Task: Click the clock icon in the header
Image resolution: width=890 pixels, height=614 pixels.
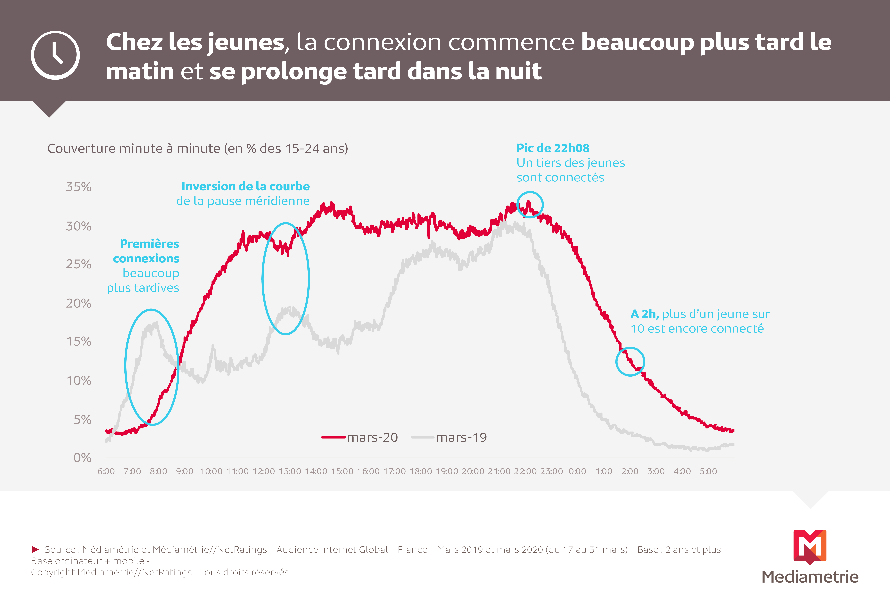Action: pos(55,55)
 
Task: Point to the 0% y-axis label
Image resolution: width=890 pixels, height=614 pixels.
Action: pos(82,458)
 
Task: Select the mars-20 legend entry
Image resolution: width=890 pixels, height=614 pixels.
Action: pos(360,437)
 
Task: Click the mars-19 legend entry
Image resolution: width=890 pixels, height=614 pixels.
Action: pos(449,437)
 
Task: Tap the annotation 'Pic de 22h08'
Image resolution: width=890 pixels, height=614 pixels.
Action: pos(553,148)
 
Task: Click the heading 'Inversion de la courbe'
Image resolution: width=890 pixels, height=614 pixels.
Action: pos(246,187)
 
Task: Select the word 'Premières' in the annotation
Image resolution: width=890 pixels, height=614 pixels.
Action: pos(150,244)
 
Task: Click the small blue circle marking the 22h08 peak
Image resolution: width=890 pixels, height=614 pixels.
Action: pos(530,192)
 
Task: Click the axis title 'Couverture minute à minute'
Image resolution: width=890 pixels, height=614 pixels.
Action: pos(134,149)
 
